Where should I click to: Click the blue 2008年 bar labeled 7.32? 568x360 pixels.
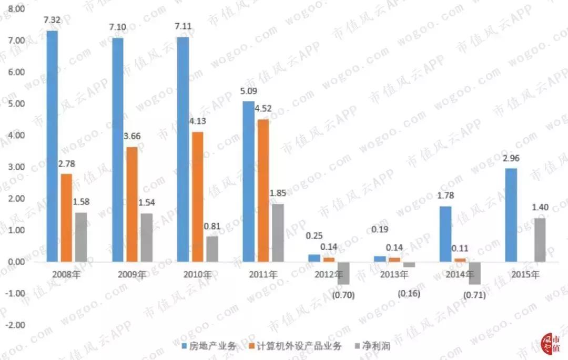pyautogui.click(x=52, y=146)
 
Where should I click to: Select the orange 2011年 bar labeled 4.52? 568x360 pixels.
pyautogui.click(x=263, y=190)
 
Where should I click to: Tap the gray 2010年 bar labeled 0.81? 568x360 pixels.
pyautogui.click(x=212, y=249)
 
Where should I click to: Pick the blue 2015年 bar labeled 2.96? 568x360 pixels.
pyautogui.click(x=511, y=214)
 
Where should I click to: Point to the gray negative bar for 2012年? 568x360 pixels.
pyautogui.click(x=343, y=273)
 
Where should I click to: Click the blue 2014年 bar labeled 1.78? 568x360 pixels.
pyautogui.click(x=445, y=233)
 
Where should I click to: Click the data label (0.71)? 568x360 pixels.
pyautogui.click(x=474, y=296)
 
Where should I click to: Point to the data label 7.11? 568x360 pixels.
pyautogui.click(x=182, y=26)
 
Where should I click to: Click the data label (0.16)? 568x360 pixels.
pyautogui.click(x=409, y=292)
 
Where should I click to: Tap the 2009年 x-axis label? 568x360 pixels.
pyautogui.click(x=131, y=274)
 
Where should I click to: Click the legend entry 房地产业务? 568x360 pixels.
pyautogui.click(x=208, y=346)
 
